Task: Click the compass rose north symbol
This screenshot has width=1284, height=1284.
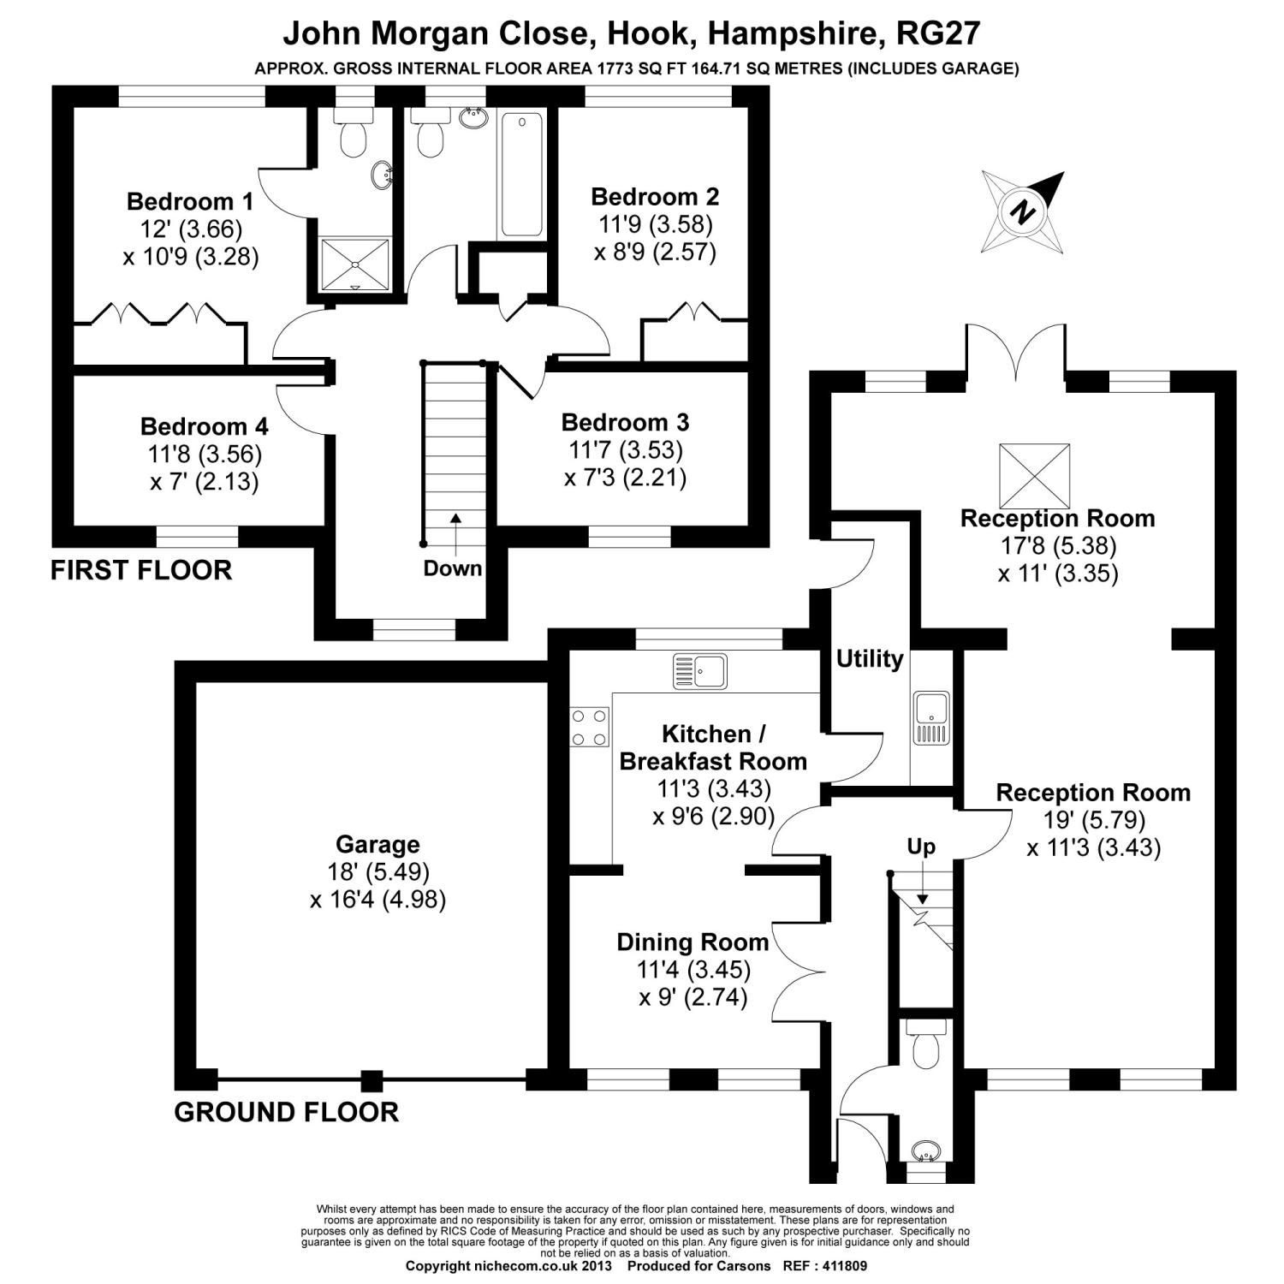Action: point(1022,211)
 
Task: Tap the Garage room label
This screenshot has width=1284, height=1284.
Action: point(377,845)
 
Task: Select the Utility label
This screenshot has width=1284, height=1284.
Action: point(870,658)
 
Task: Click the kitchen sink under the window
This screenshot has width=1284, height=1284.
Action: point(699,670)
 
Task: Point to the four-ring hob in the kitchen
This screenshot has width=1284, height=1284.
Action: point(590,726)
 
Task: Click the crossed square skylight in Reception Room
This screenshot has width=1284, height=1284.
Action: point(1035,475)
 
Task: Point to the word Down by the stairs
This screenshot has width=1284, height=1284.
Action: point(453,568)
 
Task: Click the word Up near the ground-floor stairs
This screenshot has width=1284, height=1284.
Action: point(921,847)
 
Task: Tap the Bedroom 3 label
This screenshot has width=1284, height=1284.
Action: point(625,422)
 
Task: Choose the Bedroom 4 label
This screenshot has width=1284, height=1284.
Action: point(204,425)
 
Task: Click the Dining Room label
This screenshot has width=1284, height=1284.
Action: point(693,942)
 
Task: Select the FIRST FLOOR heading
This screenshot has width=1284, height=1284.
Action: point(141,570)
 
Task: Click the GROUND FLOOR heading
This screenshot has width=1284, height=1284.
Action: point(286,1112)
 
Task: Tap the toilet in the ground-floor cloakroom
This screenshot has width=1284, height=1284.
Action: point(925,1046)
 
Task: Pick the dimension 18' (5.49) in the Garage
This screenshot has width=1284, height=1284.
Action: point(377,872)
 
